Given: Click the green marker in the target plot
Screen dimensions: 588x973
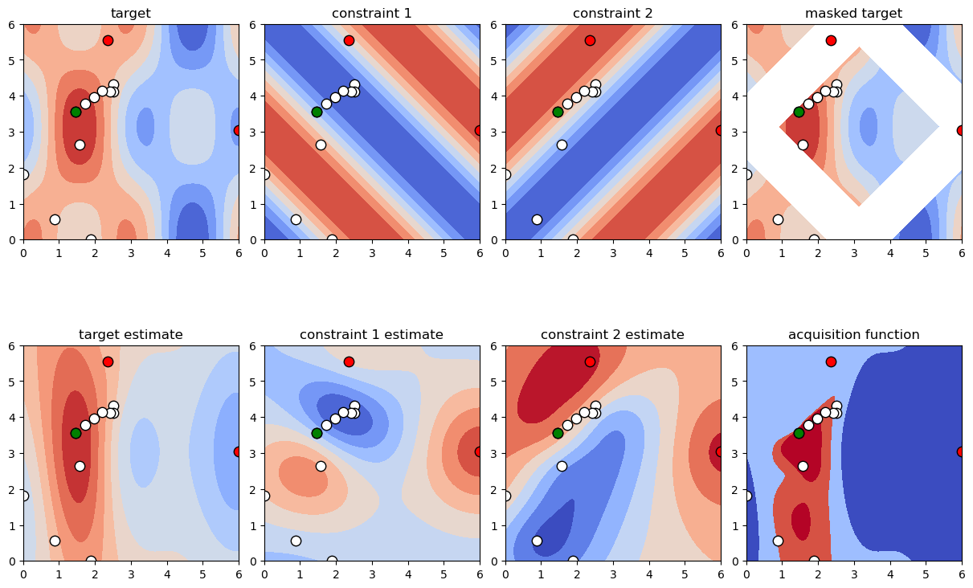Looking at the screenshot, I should (x=76, y=112).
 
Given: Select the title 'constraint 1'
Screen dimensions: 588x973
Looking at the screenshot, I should (x=371, y=13).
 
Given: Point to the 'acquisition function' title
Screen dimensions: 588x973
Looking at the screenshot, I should (x=853, y=334).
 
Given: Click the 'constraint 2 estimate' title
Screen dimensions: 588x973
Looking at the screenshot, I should (x=612, y=334).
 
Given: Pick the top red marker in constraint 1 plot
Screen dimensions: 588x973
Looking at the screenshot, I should (x=349, y=40).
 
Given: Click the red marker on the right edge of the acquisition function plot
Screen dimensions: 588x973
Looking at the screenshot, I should (x=961, y=451).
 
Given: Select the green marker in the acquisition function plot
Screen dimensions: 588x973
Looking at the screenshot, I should (x=799, y=433).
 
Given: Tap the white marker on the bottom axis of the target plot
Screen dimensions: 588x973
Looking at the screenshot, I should (x=91, y=239).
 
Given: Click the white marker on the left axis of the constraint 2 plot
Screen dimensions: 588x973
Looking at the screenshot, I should (x=505, y=174).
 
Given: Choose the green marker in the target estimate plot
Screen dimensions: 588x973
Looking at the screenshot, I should (x=76, y=433).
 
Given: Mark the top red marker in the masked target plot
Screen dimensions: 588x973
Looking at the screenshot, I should (x=831, y=40).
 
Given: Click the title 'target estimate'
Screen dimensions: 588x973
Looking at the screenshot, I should (x=130, y=334).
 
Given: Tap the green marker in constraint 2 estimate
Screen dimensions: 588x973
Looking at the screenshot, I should (x=558, y=433).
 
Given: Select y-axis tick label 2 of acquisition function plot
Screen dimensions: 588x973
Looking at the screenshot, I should (x=738, y=489).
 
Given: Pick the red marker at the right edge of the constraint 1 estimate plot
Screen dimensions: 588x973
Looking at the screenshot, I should (x=479, y=451).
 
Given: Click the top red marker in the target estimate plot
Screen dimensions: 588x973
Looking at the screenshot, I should (x=108, y=361).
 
